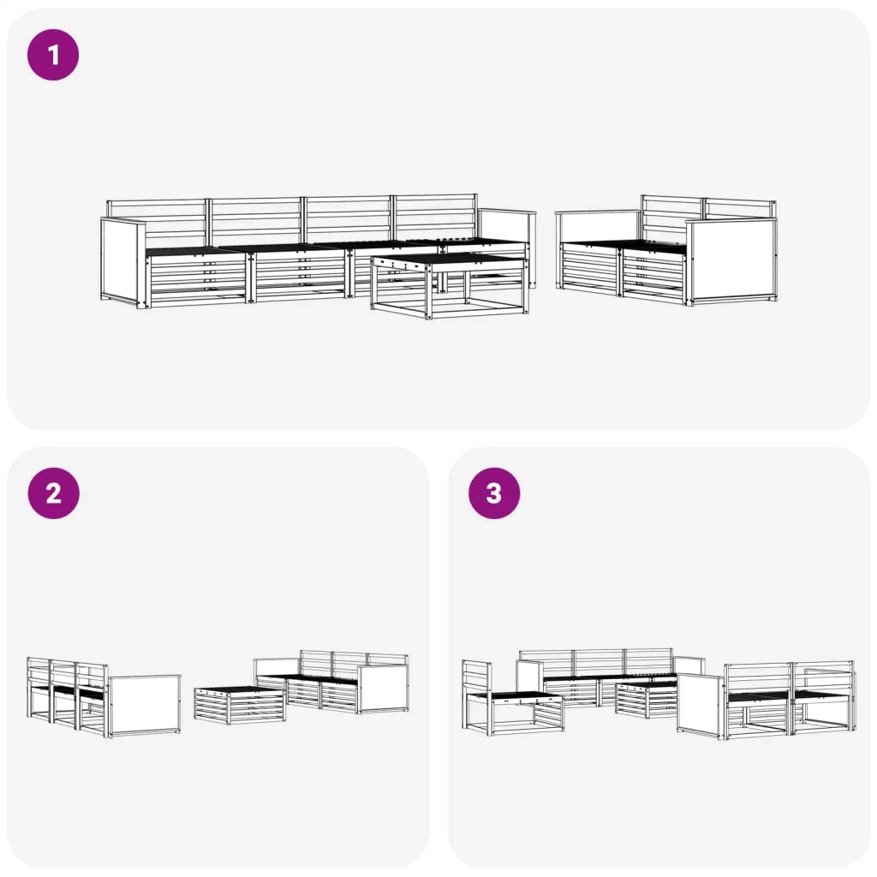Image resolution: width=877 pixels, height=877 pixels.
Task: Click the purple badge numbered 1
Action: point(53,55)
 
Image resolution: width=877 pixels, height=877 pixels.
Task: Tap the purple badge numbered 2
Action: point(54,493)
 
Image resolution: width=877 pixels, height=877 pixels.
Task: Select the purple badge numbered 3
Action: point(494,493)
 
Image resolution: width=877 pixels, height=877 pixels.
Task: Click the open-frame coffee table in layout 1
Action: point(450,285)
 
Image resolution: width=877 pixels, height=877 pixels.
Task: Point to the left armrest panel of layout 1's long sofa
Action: point(123,261)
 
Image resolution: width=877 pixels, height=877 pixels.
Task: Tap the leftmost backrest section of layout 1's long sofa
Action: point(157,223)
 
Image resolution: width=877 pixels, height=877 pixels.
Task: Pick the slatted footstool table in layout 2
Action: point(240,706)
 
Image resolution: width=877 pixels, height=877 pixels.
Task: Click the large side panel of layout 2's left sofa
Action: point(144,706)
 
